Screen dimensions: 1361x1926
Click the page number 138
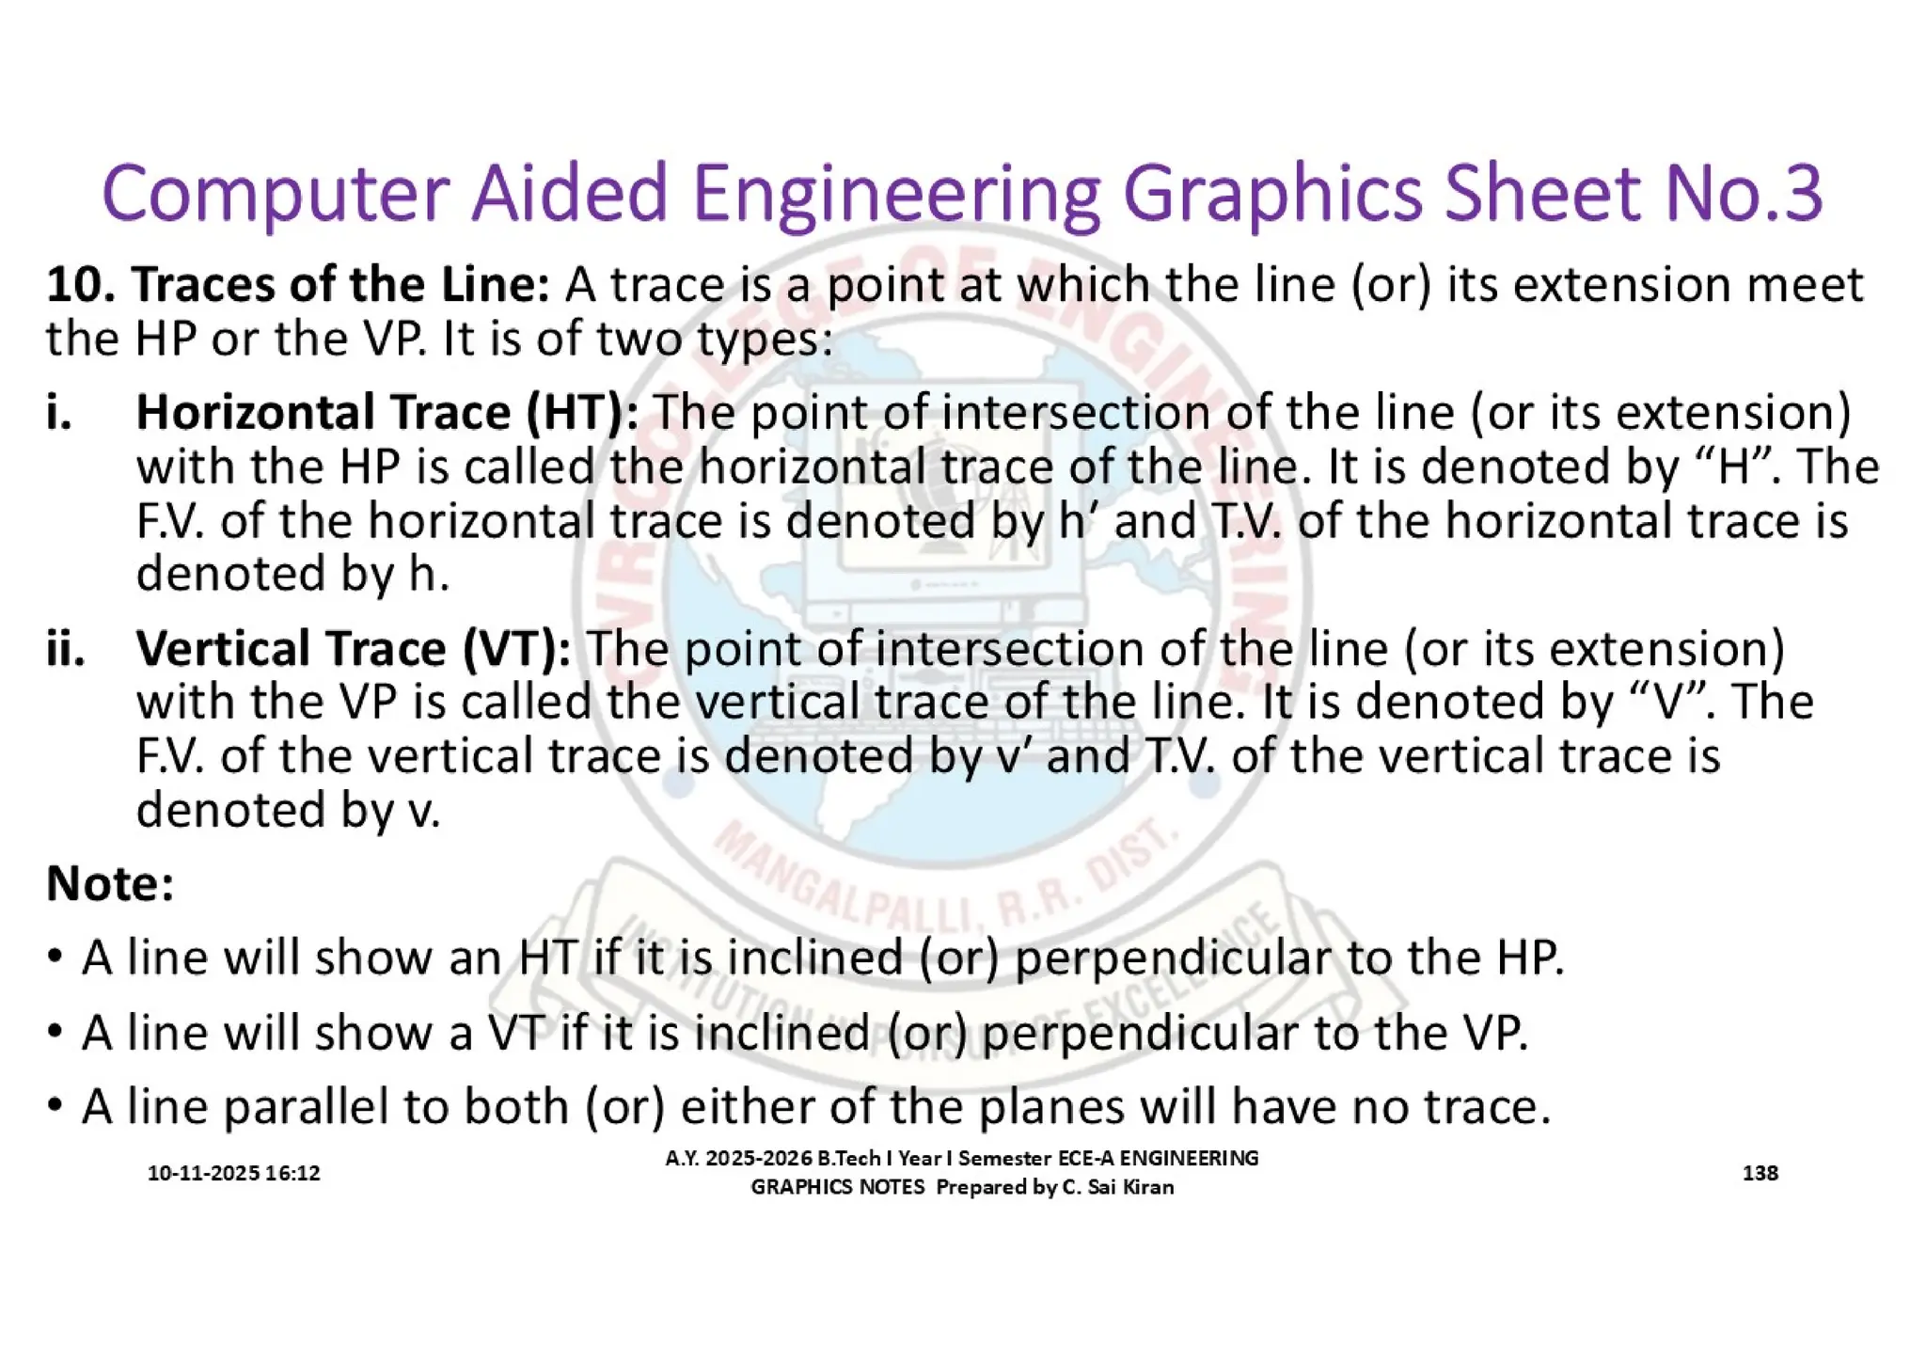(1760, 1173)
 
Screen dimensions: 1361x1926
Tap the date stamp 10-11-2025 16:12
(233, 1173)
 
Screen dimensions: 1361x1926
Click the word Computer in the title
(274, 194)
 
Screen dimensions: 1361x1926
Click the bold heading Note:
(110, 884)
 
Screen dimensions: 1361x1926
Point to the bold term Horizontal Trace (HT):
(387, 413)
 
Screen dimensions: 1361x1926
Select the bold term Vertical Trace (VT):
(353, 649)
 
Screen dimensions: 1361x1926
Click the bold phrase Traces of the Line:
(339, 285)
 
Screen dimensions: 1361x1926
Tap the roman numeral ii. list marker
(65, 649)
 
